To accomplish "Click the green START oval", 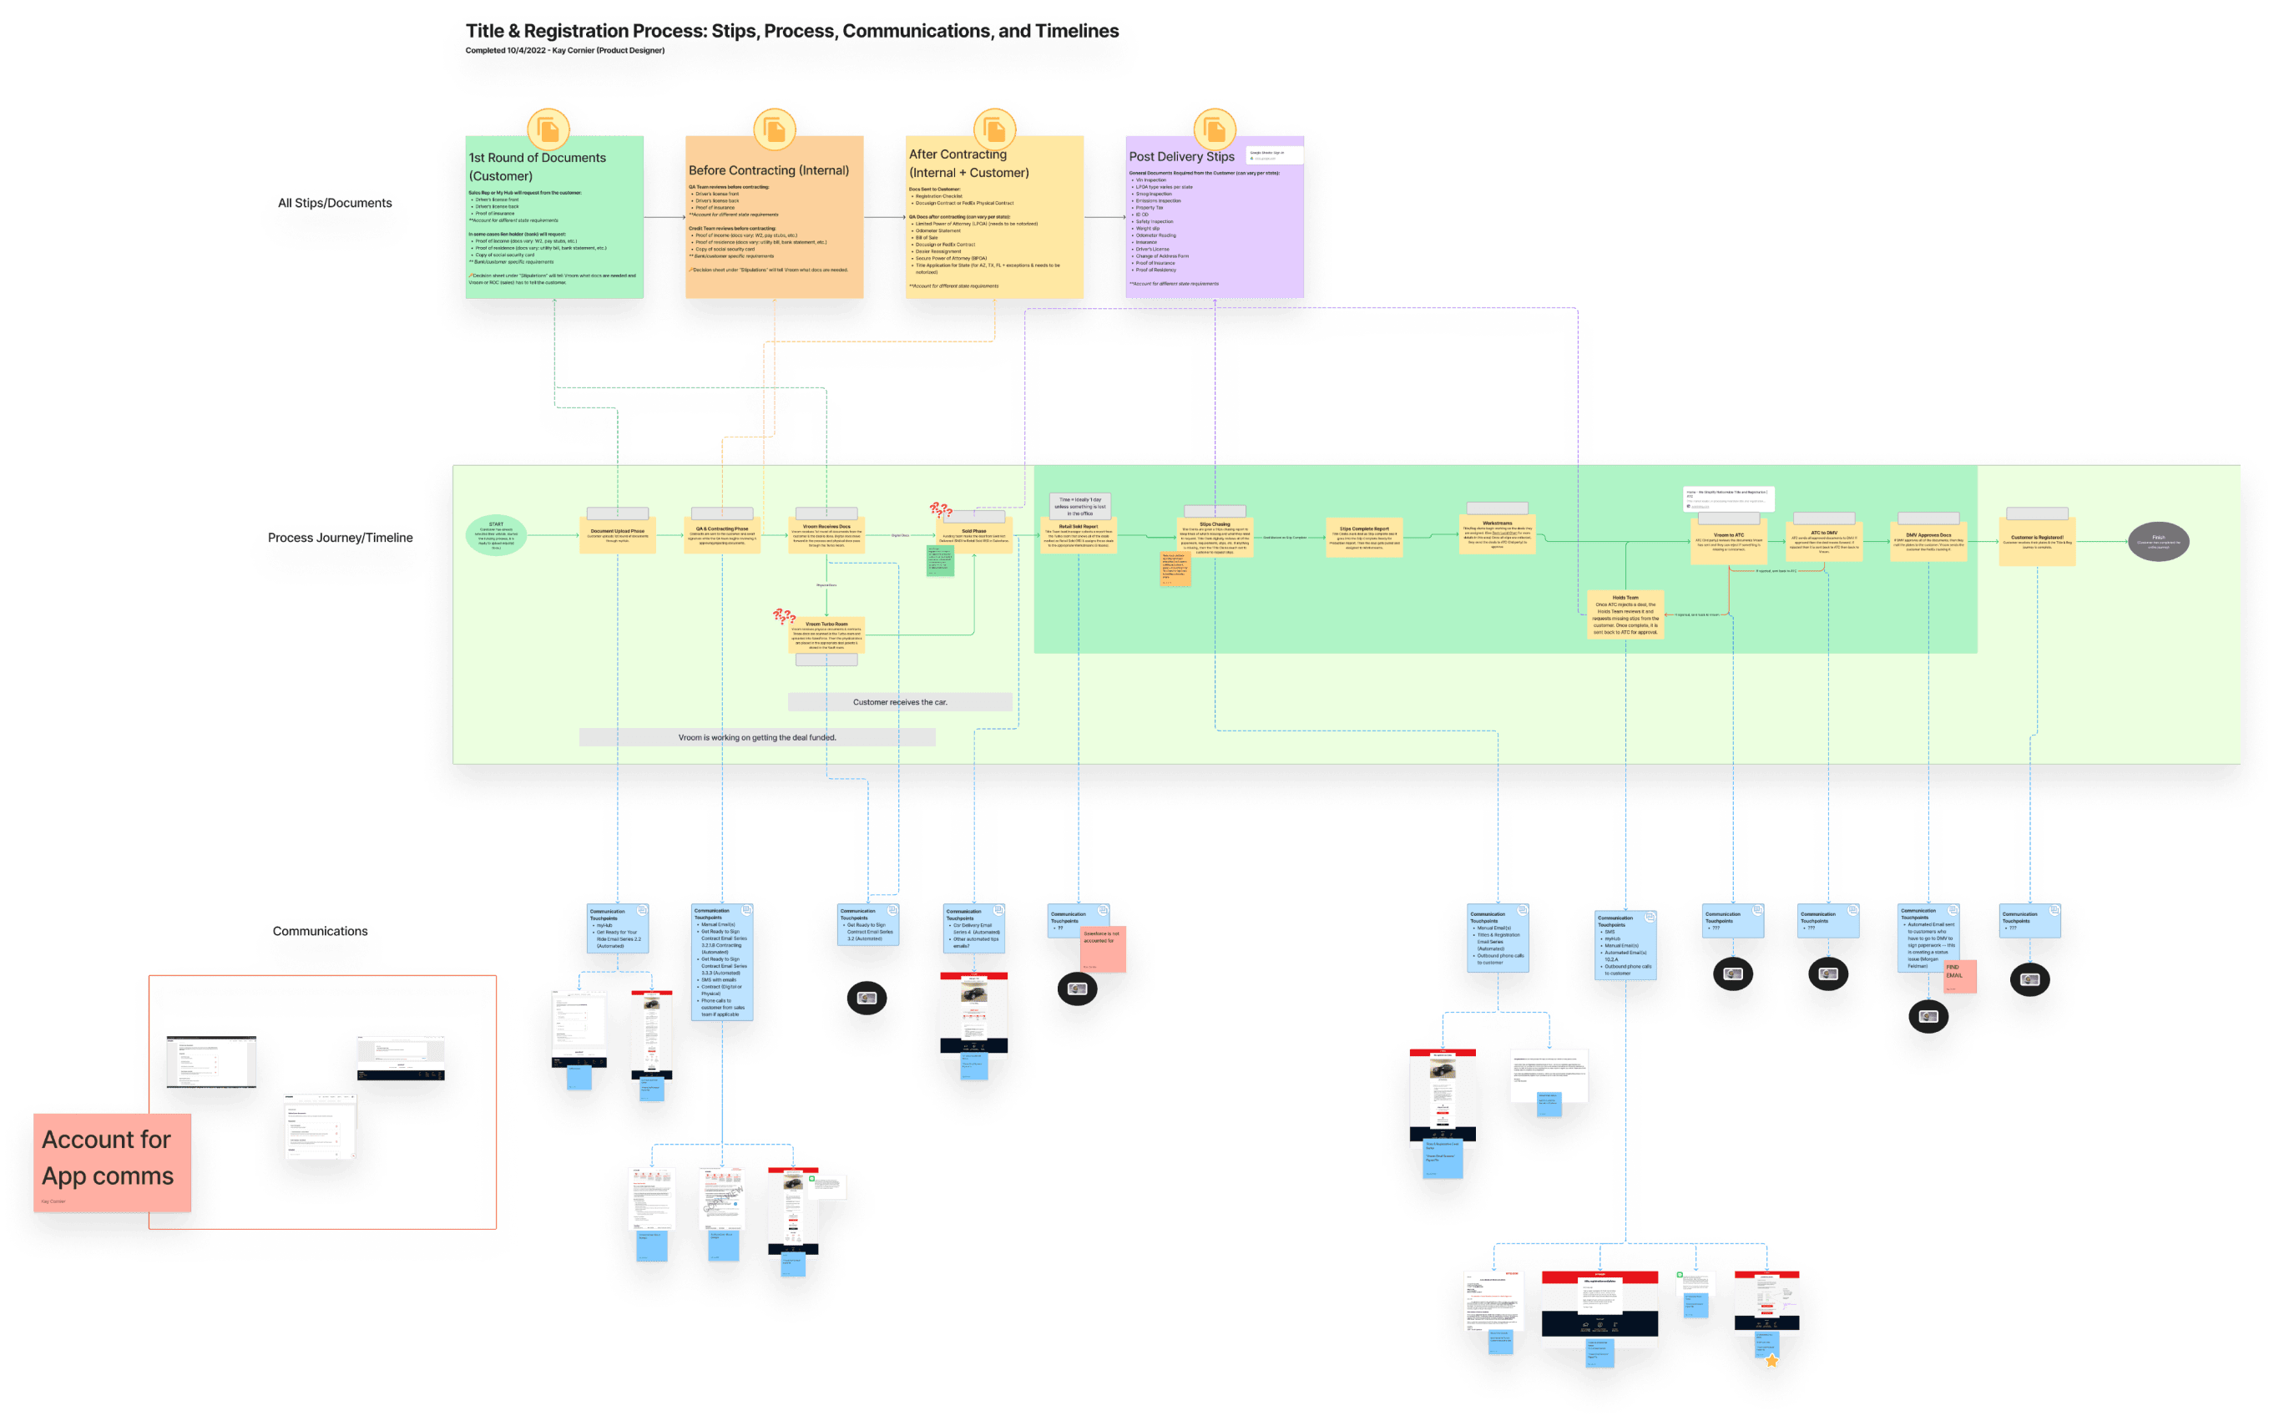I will [496, 536].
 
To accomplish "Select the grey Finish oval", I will [2159, 541].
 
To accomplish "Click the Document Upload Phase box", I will [618, 536].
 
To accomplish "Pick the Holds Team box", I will [1625, 614].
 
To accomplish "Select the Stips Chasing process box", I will [1214, 539].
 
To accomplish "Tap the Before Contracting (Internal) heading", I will [769, 170].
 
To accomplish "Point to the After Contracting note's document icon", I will [994, 129].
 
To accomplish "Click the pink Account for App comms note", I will [112, 1161].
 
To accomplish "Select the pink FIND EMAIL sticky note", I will [1959, 975].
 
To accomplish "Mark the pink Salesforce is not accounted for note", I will [1102, 948].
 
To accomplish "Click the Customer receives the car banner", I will [900, 702].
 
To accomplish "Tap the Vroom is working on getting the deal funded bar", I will [756, 738].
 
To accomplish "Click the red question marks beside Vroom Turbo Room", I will [784, 616].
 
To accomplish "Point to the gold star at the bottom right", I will [1771, 1361].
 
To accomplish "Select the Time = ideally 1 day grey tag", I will [1079, 507].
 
